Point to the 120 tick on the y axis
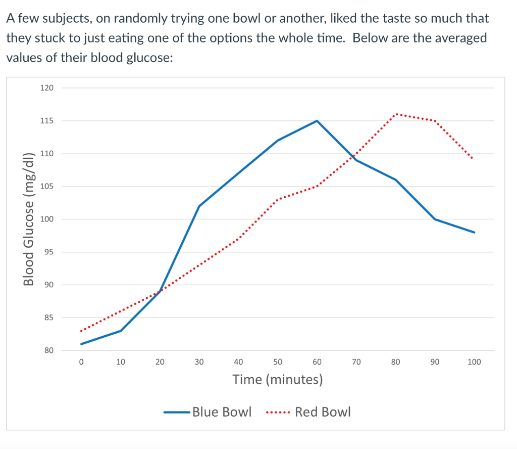[x=46, y=88]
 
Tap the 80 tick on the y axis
[x=48, y=350]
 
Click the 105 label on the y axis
[x=46, y=187]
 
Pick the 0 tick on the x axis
[x=81, y=362]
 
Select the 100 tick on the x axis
[x=474, y=362]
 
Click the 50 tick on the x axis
[x=278, y=362]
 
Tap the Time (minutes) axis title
[x=277, y=379]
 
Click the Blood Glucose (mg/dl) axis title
[x=29, y=219]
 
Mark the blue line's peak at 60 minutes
[x=317, y=121]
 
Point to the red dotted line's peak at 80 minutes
[x=396, y=114]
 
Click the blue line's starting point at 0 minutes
[x=81, y=344]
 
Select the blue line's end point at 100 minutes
[x=474, y=233]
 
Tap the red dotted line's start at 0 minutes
[x=81, y=331]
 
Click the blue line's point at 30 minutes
[x=199, y=206]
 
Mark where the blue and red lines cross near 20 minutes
[x=160, y=291]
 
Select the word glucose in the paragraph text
[x=147, y=57]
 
